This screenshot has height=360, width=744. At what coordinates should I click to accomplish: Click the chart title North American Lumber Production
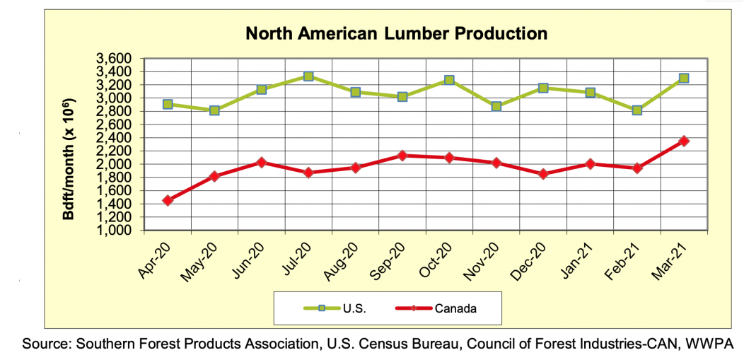pos(396,33)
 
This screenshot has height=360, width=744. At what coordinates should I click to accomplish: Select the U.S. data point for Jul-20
pos(308,76)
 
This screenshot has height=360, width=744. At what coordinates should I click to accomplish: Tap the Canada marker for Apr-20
pos(168,200)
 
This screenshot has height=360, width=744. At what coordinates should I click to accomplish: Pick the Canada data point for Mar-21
pos(684,141)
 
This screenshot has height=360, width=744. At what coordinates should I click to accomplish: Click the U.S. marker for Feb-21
pos(637,110)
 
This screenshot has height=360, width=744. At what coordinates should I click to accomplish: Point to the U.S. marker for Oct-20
pos(449,81)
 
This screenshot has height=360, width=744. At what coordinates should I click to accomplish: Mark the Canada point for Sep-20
pos(402,156)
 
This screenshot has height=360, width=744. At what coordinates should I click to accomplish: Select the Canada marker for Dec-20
pos(543,174)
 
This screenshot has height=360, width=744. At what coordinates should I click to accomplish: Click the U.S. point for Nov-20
pos(496,107)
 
